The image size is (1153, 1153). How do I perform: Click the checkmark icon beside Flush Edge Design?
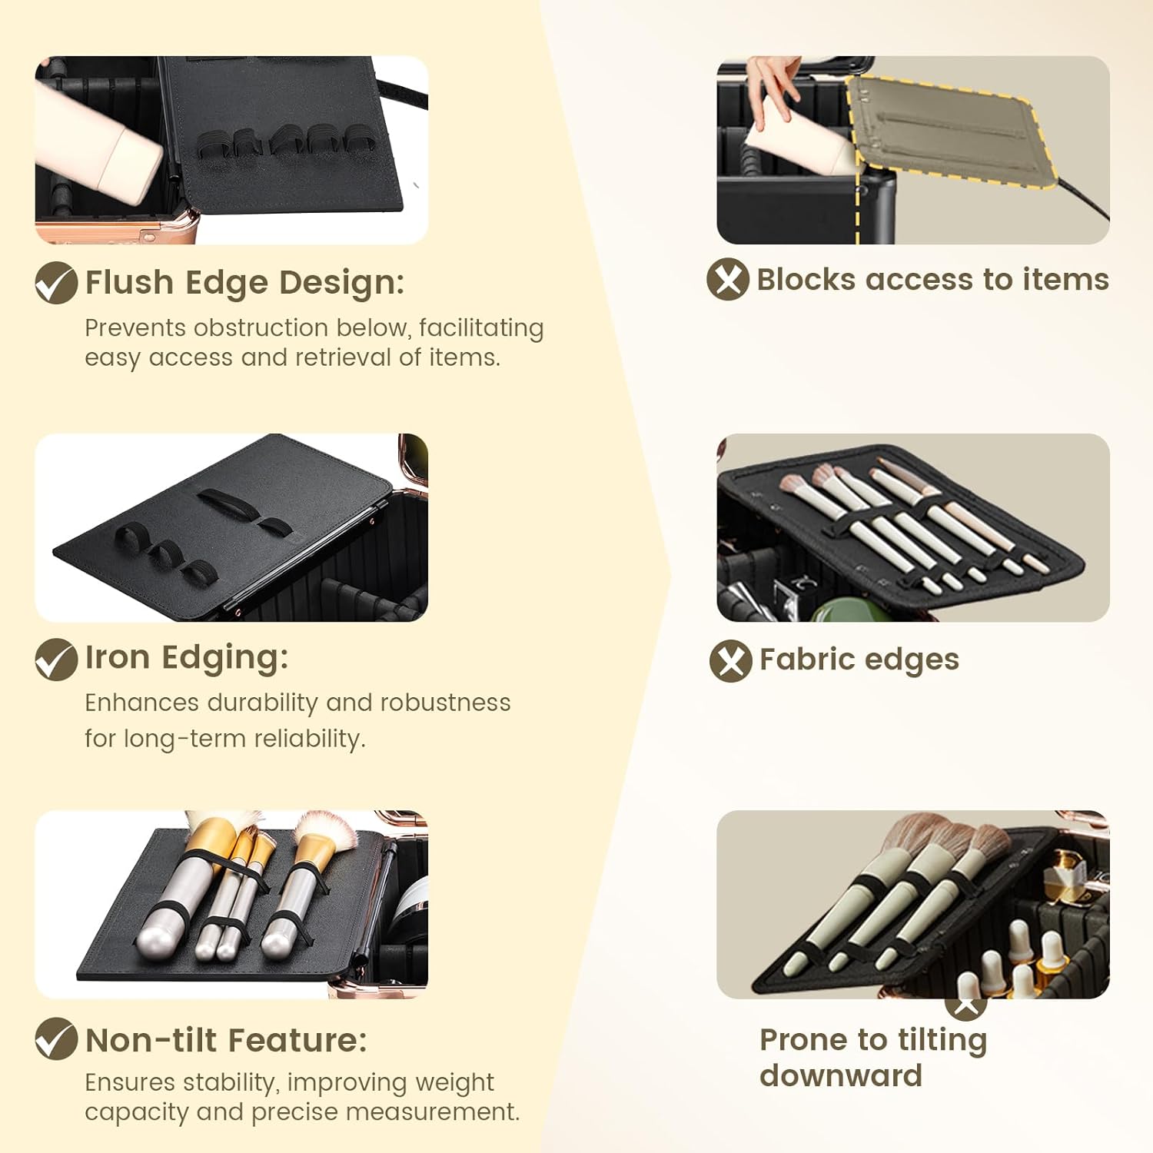click(x=56, y=282)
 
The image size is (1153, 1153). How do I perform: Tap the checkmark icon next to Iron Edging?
click(x=56, y=660)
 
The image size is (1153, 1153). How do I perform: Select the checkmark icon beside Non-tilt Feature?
click(x=56, y=1038)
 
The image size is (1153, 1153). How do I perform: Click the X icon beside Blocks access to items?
click(x=728, y=278)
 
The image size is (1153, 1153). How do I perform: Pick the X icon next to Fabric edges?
click(x=731, y=660)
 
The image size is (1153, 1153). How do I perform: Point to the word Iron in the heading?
click(x=118, y=658)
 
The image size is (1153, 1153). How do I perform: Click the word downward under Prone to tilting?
click(x=841, y=1075)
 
